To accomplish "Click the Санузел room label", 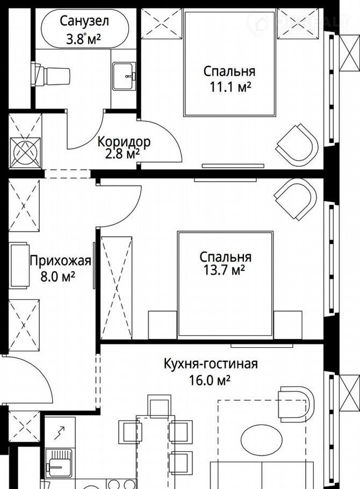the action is click(84, 21).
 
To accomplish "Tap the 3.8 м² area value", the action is click(83, 39).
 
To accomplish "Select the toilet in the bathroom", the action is click(50, 75).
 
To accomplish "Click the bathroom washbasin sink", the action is click(124, 76).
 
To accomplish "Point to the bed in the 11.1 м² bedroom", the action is click(230, 63).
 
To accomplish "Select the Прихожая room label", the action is click(61, 261).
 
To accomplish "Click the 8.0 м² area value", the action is click(57, 276).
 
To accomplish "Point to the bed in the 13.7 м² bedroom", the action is click(225, 284).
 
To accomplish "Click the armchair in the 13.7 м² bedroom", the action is click(296, 199).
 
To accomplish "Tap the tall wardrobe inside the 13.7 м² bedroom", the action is click(117, 287).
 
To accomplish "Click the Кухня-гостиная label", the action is click(211, 364).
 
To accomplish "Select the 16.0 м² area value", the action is click(210, 380).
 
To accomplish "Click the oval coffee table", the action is click(262, 440).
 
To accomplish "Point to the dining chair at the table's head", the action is click(160, 406).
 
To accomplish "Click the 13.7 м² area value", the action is click(224, 270).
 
